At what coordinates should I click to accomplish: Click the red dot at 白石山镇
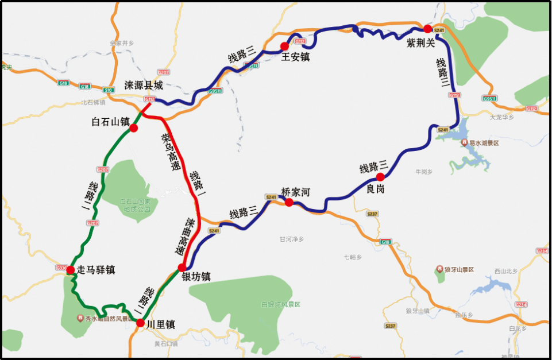(134, 128)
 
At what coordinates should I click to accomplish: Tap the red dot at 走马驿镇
(70, 270)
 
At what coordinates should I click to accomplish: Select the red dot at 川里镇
(140, 323)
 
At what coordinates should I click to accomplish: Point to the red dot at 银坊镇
(182, 268)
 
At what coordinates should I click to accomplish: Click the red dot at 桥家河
(289, 202)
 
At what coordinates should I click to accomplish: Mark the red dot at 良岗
(380, 177)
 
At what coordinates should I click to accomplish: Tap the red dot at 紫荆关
(427, 29)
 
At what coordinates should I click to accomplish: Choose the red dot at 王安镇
(284, 46)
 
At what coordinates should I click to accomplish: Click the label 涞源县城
(144, 86)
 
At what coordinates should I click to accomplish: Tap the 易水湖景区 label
(483, 142)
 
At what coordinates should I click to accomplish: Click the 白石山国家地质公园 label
(136, 205)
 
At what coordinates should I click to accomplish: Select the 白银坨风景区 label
(280, 304)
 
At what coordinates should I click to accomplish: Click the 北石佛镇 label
(94, 103)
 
